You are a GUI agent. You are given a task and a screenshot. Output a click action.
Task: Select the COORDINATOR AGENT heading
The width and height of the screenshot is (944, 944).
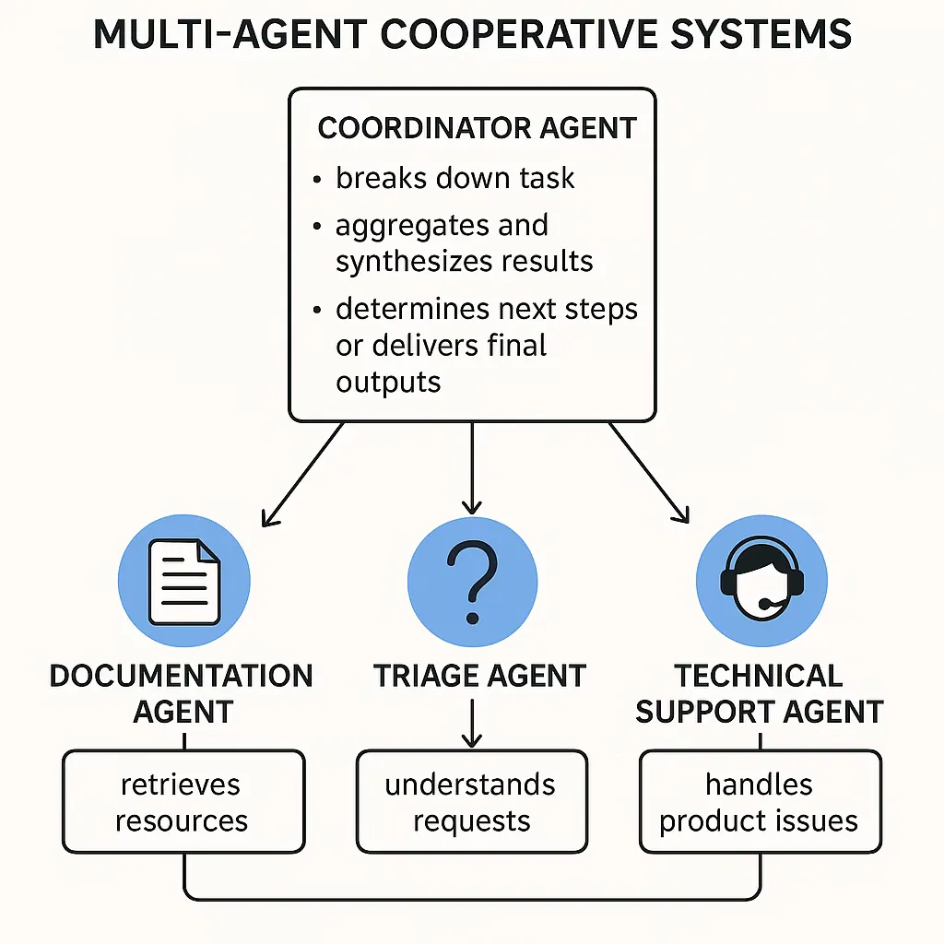point(477,127)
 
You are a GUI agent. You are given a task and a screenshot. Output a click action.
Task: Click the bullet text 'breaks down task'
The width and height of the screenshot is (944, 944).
point(454,177)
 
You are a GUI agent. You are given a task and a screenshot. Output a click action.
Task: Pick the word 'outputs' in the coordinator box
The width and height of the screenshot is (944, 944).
point(388,381)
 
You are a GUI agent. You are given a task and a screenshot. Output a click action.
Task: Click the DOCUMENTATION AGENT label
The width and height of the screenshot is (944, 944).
point(182,693)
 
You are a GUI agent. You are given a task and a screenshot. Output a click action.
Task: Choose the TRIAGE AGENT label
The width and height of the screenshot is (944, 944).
point(479,676)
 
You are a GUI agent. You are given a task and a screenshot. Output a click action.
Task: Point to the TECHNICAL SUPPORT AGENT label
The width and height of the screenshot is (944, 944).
point(760,693)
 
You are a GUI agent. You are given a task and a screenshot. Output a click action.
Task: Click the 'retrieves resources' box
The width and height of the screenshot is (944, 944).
point(183,801)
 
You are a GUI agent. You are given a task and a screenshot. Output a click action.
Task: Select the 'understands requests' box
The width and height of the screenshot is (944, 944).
point(471,801)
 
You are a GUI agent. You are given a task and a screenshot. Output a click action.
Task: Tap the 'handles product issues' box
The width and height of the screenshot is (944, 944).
point(760,801)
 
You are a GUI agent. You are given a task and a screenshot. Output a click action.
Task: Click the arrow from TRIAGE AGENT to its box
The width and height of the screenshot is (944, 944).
point(472,724)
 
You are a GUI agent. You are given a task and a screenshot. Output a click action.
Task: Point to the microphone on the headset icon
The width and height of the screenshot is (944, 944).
point(765,605)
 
